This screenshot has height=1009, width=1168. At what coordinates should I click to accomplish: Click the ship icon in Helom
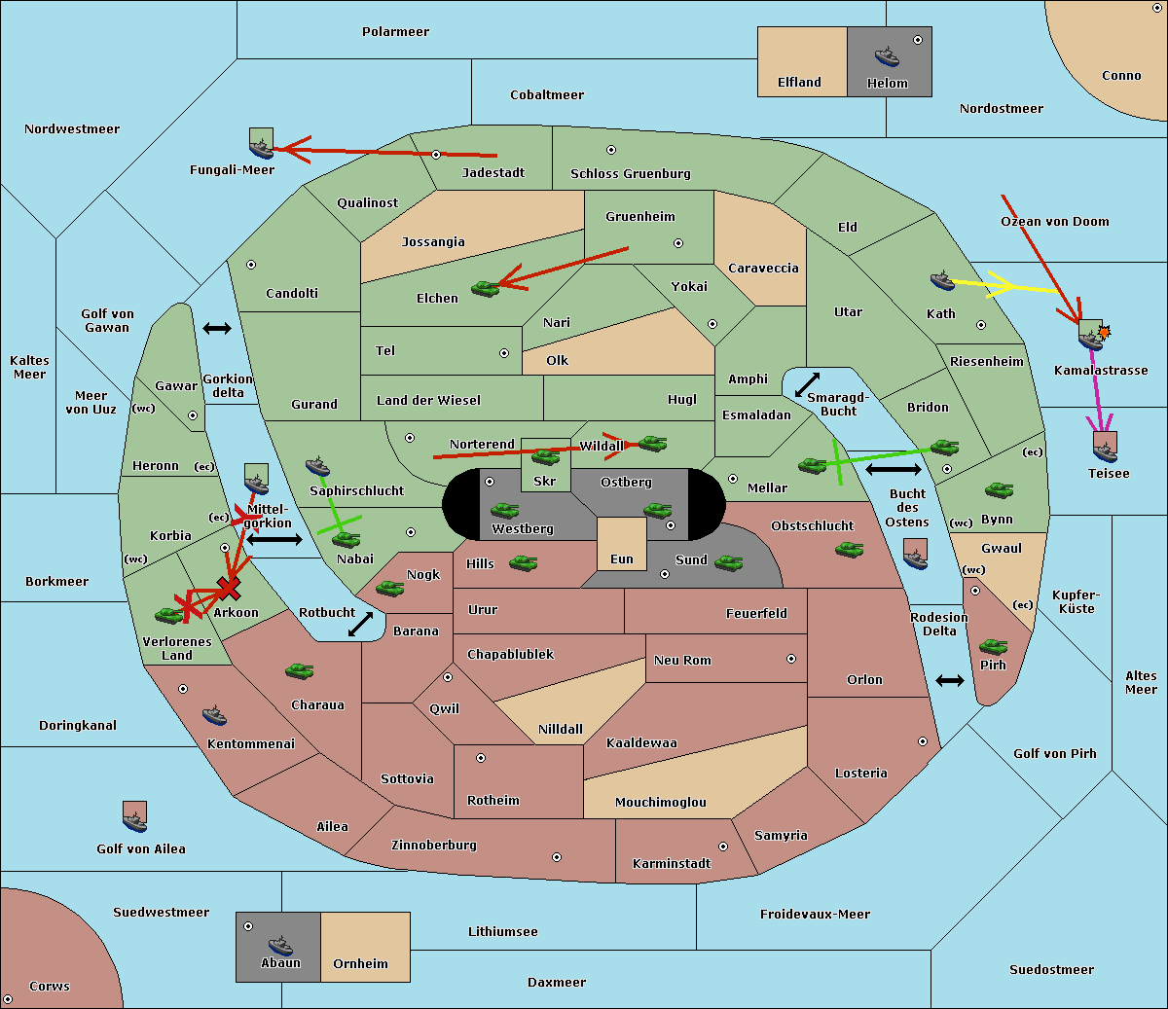887,56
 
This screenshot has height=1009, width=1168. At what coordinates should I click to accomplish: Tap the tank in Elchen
486,289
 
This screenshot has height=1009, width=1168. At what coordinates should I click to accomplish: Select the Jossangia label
433,242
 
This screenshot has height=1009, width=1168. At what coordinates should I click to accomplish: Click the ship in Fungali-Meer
261,148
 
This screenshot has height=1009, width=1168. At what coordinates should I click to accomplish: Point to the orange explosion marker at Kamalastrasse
1104,331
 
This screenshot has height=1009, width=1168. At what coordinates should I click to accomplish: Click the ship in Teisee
1105,452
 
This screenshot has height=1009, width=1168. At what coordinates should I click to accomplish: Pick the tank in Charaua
300,670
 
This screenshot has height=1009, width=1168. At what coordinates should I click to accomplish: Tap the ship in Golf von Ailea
134,821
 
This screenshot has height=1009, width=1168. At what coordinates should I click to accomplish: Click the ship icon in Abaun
280,945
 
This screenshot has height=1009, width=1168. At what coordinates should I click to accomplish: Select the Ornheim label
360,963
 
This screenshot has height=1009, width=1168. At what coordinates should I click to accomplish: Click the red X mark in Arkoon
229,588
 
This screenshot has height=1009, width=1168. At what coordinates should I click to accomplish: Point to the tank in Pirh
994,646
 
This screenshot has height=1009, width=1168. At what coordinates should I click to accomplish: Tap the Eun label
622,559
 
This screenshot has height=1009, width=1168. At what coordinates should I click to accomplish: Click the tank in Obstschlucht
850,549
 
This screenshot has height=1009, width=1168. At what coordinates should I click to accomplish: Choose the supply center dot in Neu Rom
791,659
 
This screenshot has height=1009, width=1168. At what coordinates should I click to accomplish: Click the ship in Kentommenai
214,715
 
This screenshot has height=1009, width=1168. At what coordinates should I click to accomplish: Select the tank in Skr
546,456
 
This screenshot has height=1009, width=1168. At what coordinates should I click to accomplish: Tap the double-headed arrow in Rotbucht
360,624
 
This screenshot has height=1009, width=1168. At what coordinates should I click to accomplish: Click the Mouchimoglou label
661,802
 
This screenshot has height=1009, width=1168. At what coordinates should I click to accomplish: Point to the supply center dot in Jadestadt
436,155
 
